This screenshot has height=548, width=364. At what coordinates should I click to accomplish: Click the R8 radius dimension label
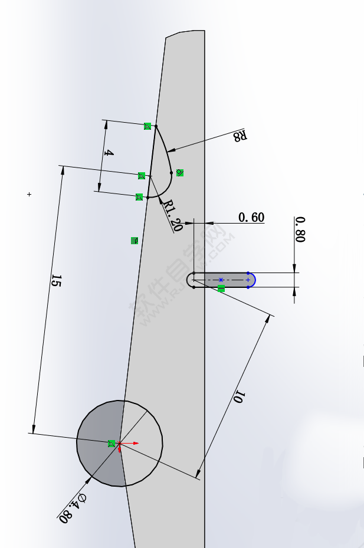pyautogui.click(x=239, y=136)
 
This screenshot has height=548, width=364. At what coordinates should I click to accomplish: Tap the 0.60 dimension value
pyautogui.click(x=251, y=218)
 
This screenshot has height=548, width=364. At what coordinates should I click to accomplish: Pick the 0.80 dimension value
pyautogui.click(x=300, y=229)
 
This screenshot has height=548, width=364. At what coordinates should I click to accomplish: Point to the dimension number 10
pyautogui.click(x=238, y=397)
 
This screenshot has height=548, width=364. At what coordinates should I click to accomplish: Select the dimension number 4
pyautogui.click(x=109, y=153)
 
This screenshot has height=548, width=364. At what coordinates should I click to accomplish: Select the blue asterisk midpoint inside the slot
pyautogui.click(x=221, y=280)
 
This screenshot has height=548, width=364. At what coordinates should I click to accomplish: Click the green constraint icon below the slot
pyautogui.click(x=221, y=288)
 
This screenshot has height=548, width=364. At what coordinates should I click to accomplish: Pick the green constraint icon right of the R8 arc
pyautogui.click(x=180, y=173)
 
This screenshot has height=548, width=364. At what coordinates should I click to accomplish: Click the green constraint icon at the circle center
pyautogui.click(x=112, y=444)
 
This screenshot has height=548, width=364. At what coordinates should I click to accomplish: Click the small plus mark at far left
pyautogui.click(x=29, y=194)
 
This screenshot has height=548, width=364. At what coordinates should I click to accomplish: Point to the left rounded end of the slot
pyautogui.click(x=190, y=280)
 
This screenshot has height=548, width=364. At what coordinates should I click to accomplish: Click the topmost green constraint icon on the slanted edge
pyautogui.click(x=147, y=126)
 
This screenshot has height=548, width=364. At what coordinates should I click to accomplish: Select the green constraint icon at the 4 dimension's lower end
pyautogui.click(x=139, y=197)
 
